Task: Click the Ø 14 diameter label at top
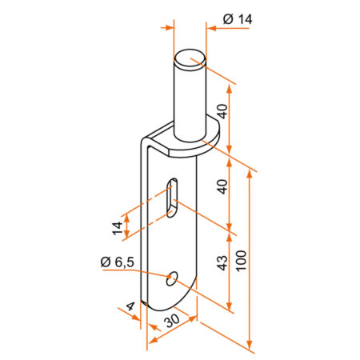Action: (x=238, y=19)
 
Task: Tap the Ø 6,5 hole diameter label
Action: (x=117, y=262)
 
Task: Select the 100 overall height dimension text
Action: (x=241, y=261)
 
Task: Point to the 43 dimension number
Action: (x=222, y=263)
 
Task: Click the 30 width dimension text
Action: (x=173, y=320)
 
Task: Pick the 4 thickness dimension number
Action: (x=130, y=306)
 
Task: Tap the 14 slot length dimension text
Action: (x=118, y=228)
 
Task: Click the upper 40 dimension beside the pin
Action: (x=222, y=111)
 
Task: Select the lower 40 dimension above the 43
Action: (x=222, y=186)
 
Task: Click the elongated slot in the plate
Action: (x=172, y=198)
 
